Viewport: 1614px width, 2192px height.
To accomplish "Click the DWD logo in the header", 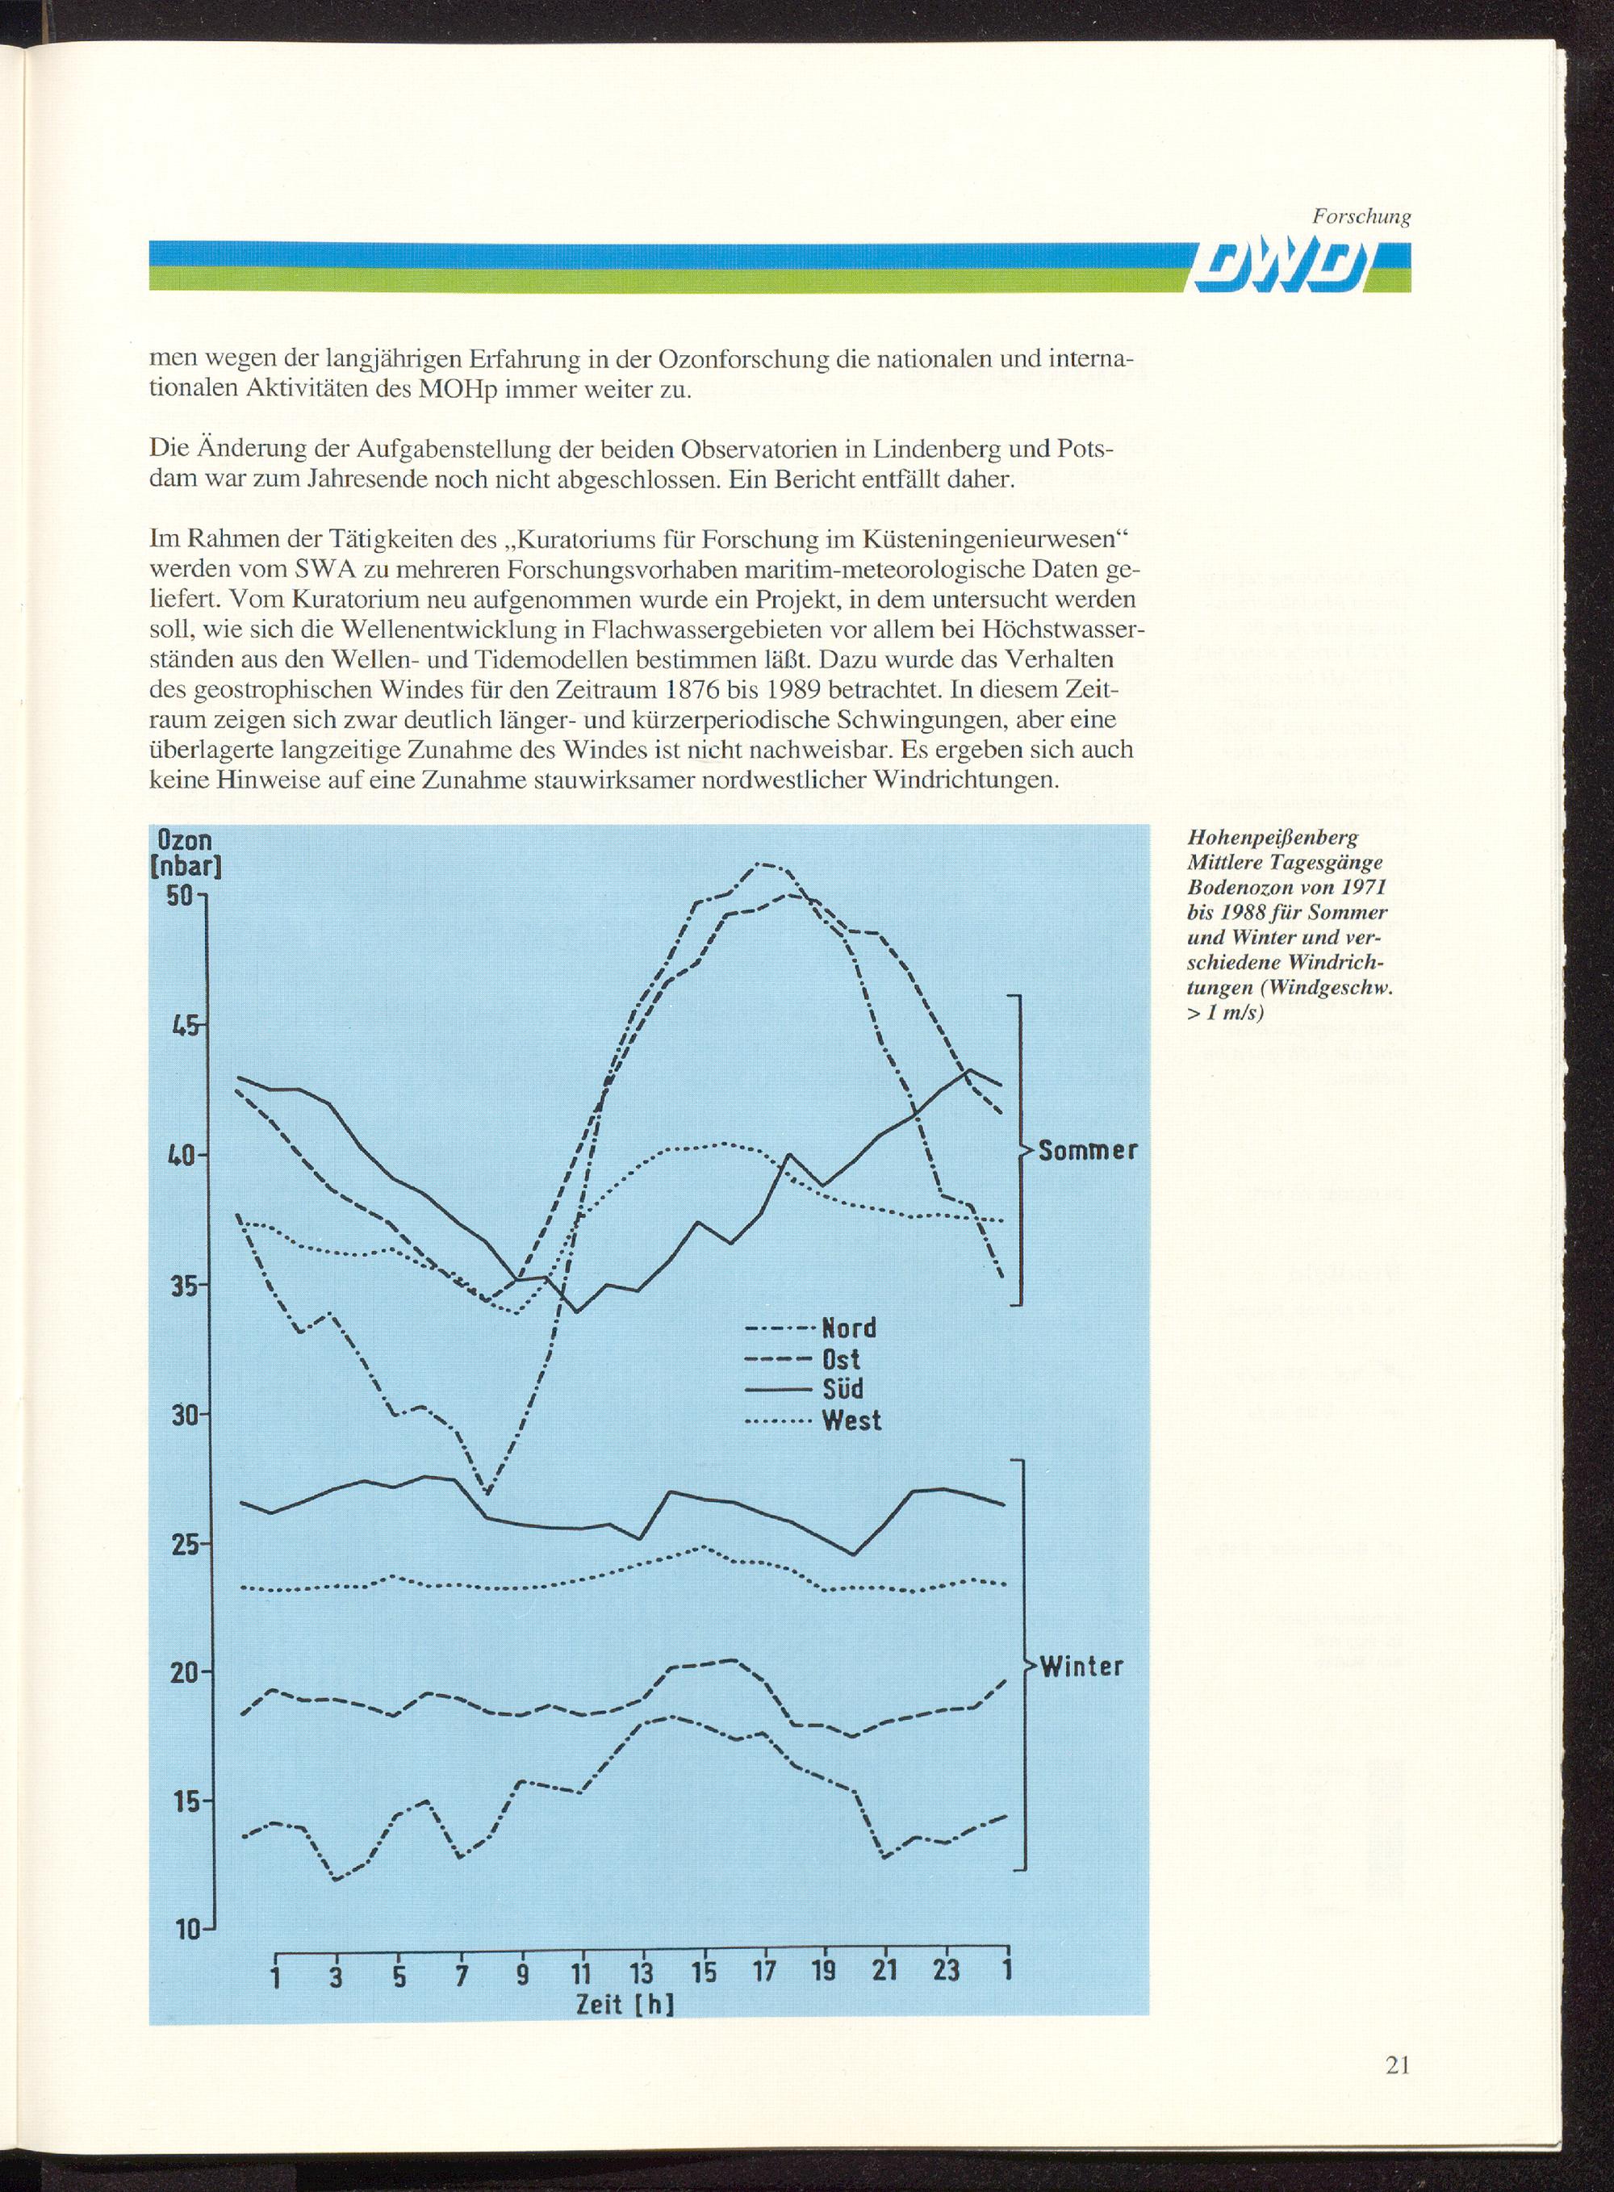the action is pyautogui.click(x=1272, y=266).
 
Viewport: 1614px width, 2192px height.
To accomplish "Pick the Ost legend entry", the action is pyautogui.click(x=801, y=1359).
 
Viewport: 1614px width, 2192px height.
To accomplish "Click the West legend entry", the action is pyautogui.click(x=812, y=1420).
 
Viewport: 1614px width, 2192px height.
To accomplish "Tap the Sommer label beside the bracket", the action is pyautogui.click(x=1087, y=1151).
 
